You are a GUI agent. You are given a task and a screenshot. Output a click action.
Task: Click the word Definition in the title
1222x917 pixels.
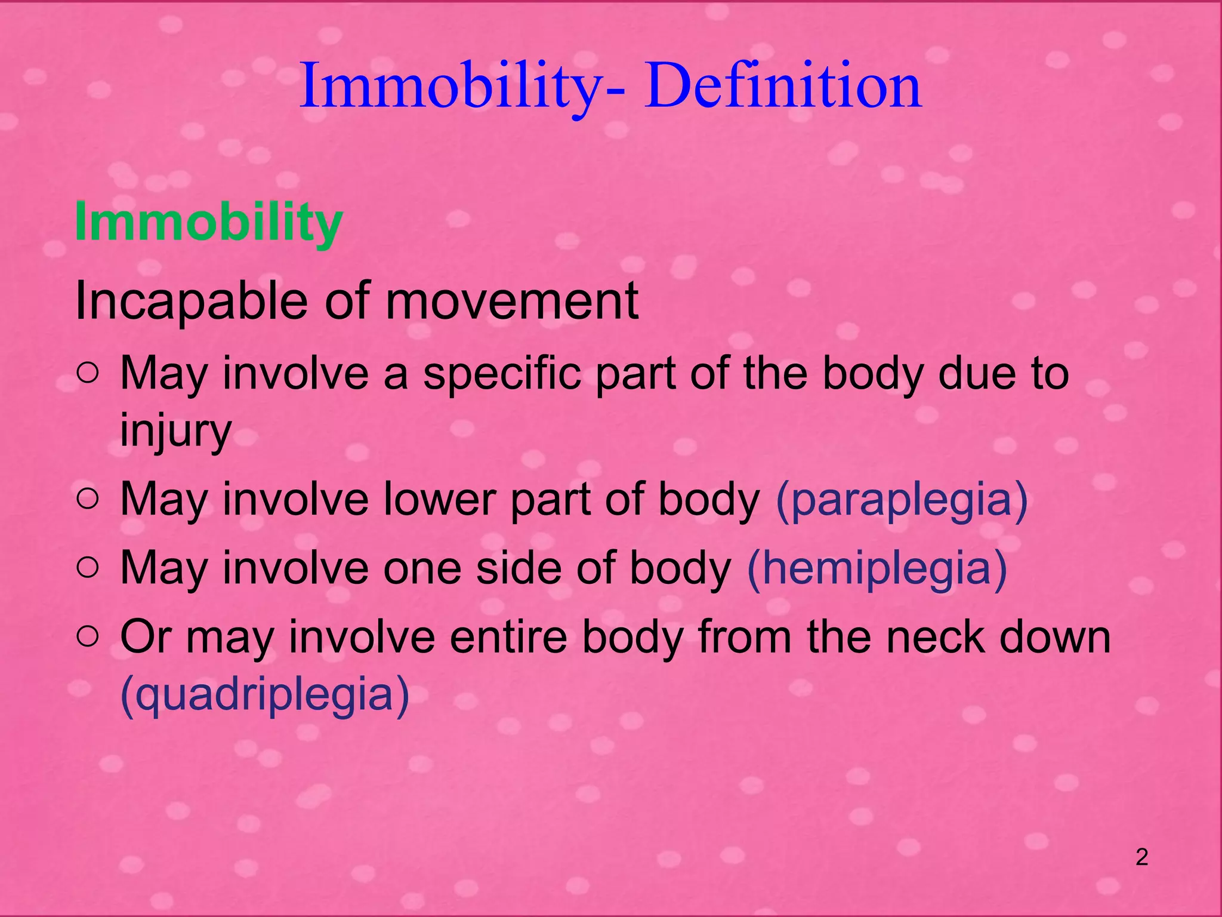tap(783, 87)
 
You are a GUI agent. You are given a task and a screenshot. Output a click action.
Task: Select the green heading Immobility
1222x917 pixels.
tap(208, 222)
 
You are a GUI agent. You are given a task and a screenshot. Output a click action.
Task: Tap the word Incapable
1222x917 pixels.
tap(191, 301)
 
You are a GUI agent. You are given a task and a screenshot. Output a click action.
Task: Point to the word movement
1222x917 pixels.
tap(512, 301)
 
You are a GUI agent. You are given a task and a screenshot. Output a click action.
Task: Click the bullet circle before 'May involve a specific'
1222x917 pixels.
tap(88, 374)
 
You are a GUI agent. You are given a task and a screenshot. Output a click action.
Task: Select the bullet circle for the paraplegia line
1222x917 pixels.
tap(88, 500)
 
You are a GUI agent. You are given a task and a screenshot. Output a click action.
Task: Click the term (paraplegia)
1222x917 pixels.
tap(902, 499)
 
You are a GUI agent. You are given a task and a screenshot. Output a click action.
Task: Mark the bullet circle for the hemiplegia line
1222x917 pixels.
tap(88, 568)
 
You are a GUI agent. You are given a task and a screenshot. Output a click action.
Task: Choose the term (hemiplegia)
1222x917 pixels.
tap(877, 568)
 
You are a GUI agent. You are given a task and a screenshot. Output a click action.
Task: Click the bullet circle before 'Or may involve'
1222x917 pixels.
tap(88, 638)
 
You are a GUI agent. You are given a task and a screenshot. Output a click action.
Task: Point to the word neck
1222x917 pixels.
tap(935, 636)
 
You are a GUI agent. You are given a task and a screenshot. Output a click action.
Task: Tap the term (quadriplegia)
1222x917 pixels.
tap(265, 694)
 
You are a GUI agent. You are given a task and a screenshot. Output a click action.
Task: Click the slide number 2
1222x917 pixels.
tap(1141, 858)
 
